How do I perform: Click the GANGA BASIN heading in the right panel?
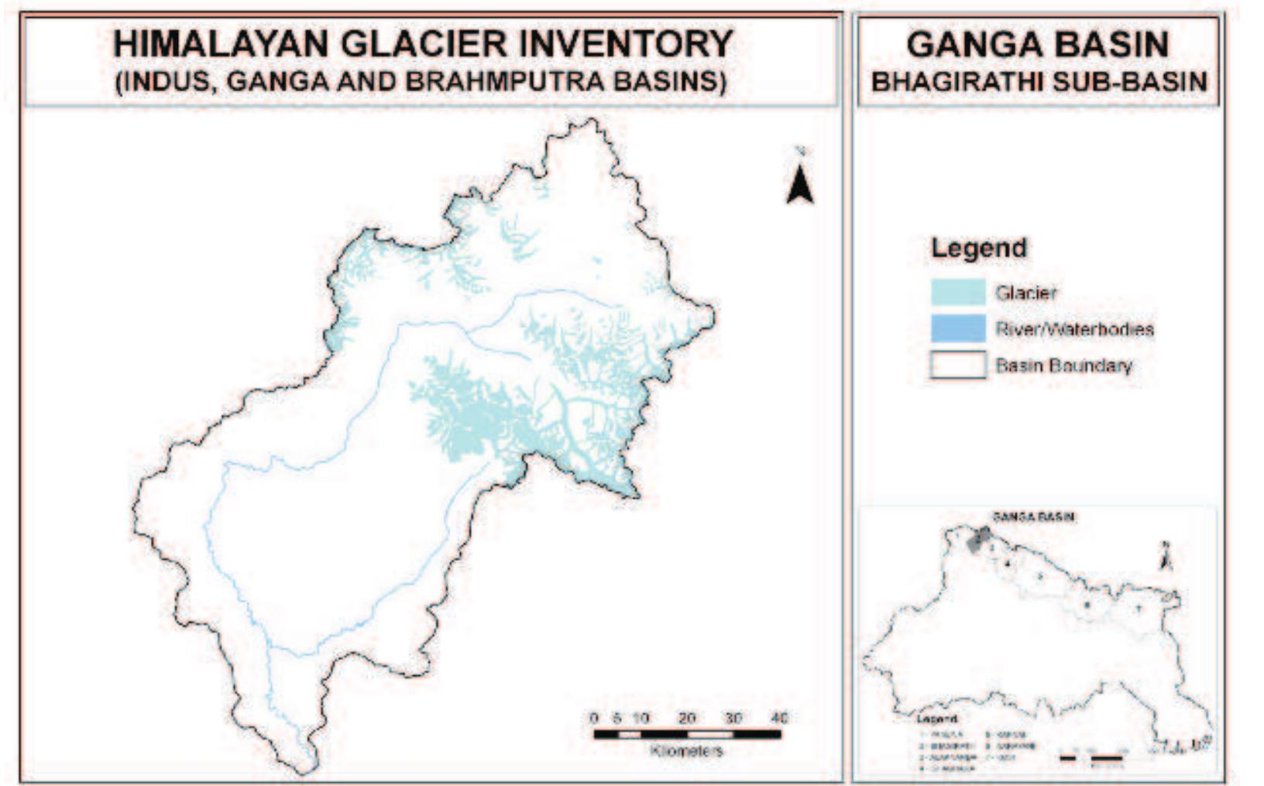(x=1037, y=44)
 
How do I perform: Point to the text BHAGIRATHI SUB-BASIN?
(x=1039, y=81)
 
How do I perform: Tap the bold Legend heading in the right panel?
(x=978, y=249)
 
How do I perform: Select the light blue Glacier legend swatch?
(x=958, y=293)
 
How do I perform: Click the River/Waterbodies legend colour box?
(x=958, y=329)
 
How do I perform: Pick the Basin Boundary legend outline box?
(x=958, y=365)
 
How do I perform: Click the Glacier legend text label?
(x=1025, y=293)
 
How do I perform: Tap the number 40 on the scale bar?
(x=779, y=718)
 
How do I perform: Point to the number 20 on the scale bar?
(x=686, y=718)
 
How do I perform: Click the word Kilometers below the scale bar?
(x=686, y=750)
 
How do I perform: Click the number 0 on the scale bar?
(x=594, y=718)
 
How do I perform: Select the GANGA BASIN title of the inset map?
(x=1033, y=517)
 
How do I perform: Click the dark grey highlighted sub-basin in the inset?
(x=979, y=540)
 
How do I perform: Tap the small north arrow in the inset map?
(x=1165, y=555)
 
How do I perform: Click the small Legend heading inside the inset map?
(x=936, y=719)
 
